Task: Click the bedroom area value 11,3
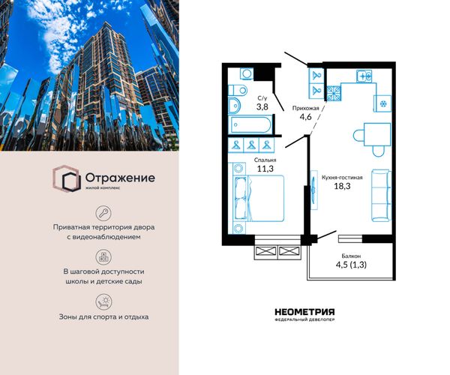pyautogui.click(x=265, y=169)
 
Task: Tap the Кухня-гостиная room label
pyautogui.click(x=342, y=177)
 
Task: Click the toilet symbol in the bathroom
pyautogui.click(x=238, y=91)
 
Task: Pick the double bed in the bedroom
pyautogui.click(x=259, y=198)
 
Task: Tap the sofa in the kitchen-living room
pyautogui.click(x=382, y=196)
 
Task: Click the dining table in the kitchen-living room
pyautogui.click(x=377, y=134)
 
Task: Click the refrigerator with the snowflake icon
pyautogui.click(x=382, y=103)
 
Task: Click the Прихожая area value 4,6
pyautogui.click(x=305, y=117)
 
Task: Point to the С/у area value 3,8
pyautogui.click(x=262, y=106)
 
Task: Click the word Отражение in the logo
pyautogui.click(x=120, y=178)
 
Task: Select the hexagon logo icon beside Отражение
pyautogui.click(x=67, y=178)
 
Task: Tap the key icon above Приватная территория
pyautogui.click(x=103, y=213)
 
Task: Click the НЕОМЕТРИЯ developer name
pyautogui.click(x=304, y=312)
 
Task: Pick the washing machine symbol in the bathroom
pyautogui.click(x=247, y=73)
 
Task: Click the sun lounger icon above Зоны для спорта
pyautogui.click(x=103, y=301)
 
